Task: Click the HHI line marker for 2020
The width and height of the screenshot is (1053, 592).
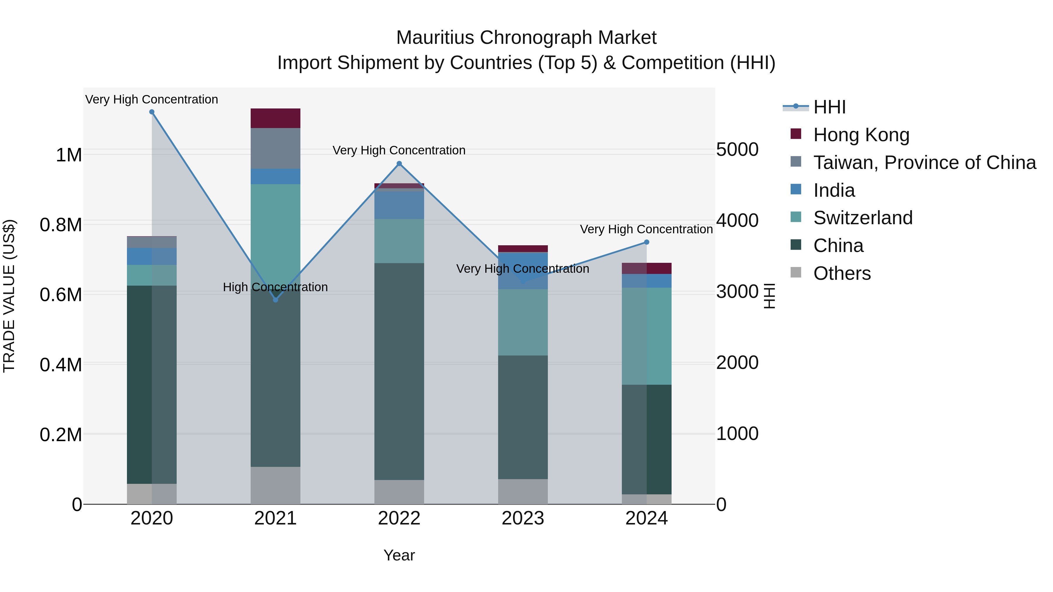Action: pyautogui.click(x=152, y=112)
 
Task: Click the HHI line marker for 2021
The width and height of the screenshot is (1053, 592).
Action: pyautogui.click(x=276, y=300)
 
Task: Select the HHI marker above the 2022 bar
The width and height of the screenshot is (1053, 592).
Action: pyautogui.click(x=399, y=164)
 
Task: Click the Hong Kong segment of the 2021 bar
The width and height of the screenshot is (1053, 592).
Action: pyautogui.click(x=276, y=118)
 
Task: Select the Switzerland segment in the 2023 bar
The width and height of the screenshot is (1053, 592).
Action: pyautogui.click(x=523, y=322)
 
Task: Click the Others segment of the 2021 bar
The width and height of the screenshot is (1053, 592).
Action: pyautogui.click(x=276, y=485)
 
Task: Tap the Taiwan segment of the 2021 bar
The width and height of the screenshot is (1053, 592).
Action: pyautogui.click(x=276, y=148)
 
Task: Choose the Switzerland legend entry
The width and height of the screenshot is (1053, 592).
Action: pyautogui.click(x=863, y=218)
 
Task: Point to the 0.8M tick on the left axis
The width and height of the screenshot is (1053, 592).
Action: pyautogui.click(x=61, y=225)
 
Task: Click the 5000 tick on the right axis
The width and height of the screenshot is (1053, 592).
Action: pyautogui.click(x=737, y=149)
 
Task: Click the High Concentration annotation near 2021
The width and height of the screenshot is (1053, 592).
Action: pyautogui.click(x=275, y=287)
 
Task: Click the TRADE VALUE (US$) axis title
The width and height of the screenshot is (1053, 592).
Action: pyautogui.click(x=9, y=296)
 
